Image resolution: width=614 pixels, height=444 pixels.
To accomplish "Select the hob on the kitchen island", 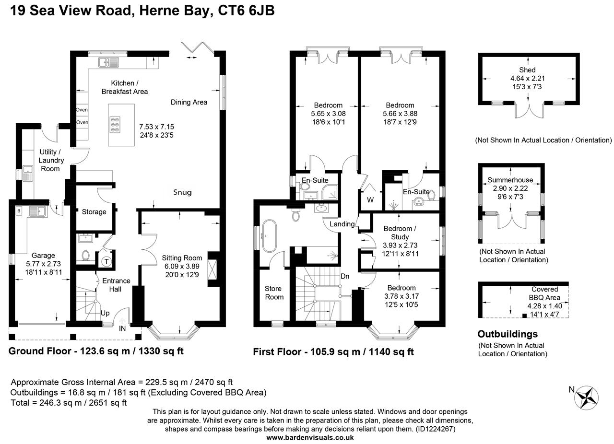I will tap(116, 125).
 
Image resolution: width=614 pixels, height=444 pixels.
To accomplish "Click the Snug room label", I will tap(182, 192).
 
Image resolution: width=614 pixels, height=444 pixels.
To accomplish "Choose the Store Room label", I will tap(274, 292).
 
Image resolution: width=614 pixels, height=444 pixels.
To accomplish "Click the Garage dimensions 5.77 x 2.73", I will tap(43, 264).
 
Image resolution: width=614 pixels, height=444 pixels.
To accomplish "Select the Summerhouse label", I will tap(510, 180).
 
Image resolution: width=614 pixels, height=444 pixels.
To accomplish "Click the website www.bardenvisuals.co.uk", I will tap(310, 437).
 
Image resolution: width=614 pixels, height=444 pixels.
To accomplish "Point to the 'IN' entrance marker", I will tap(123, 329).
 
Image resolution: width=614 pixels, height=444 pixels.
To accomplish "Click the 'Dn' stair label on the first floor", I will tap(344, 276).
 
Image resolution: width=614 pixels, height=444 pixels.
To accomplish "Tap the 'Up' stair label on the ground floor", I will tap(105, 313).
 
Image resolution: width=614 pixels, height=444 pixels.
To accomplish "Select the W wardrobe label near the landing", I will tap(370, 199).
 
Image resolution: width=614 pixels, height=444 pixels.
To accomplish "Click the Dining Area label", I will tap(189, 102).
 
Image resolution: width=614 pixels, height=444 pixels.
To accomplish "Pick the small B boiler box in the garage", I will tap(19, 210).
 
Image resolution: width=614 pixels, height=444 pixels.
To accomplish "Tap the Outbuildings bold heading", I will tap(508, 334).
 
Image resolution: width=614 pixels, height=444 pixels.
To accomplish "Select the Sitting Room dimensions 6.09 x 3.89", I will tap(182, 266).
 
